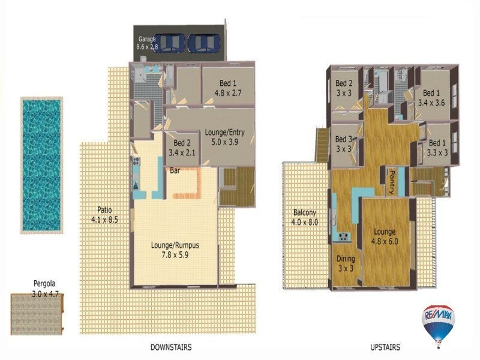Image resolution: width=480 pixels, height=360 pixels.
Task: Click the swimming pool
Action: pos(41,165)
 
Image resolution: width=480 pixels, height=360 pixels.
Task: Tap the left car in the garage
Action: pos(172,43)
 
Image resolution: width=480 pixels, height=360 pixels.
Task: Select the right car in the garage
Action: pos(204,43)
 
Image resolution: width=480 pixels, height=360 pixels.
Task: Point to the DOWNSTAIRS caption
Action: pos(171,347)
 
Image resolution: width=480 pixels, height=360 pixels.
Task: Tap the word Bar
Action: pos(175,171)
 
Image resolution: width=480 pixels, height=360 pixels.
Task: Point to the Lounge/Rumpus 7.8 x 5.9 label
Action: pos(176,249)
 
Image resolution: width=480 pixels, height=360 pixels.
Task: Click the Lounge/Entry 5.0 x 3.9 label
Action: pos(221,137)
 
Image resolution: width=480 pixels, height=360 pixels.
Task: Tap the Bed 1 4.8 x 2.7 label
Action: pos(227,88)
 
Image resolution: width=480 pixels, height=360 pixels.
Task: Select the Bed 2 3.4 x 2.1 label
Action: pos(182,148)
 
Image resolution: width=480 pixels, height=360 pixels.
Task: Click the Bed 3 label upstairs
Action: pos(344,145)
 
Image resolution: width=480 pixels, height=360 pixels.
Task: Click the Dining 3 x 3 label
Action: pos(345,263)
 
